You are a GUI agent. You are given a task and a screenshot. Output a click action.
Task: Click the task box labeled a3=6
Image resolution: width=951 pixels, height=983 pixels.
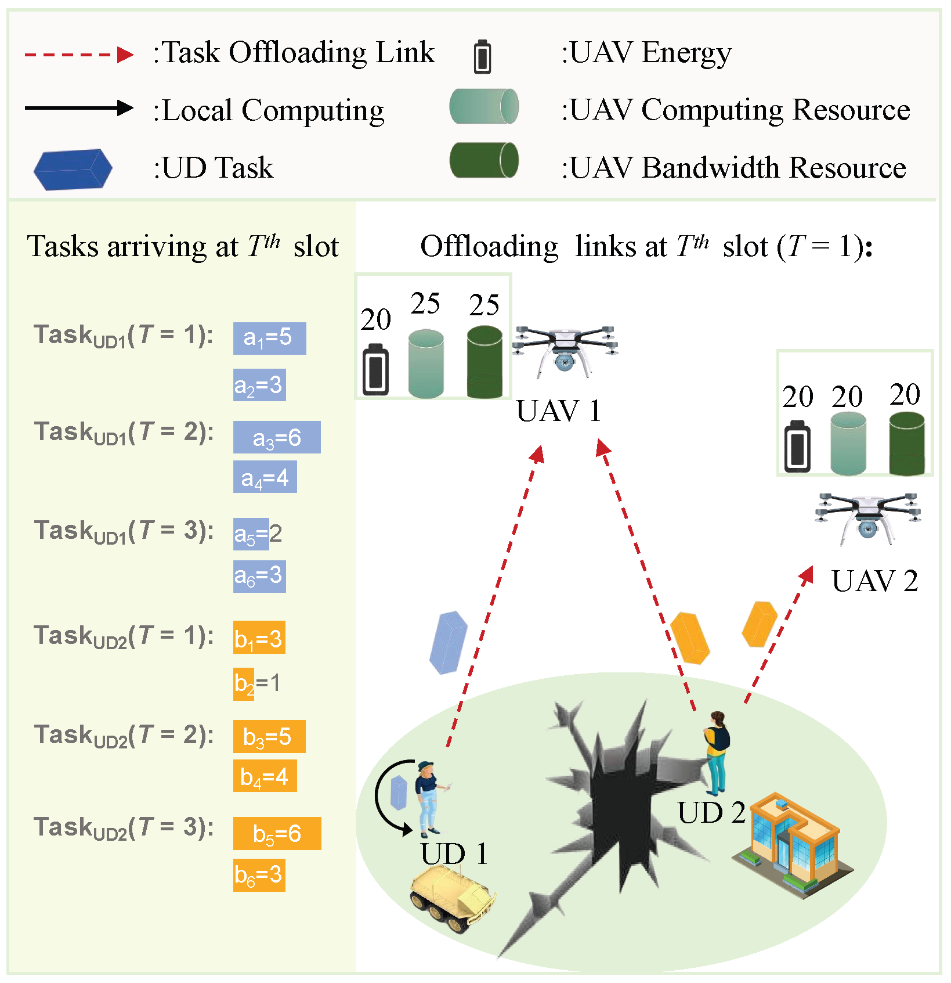tap(277, 437)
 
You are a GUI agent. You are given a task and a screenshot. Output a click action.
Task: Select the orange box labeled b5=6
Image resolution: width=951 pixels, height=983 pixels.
tap(277, 833)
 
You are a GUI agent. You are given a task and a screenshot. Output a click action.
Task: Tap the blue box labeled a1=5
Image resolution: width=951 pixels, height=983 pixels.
tap(269, 338)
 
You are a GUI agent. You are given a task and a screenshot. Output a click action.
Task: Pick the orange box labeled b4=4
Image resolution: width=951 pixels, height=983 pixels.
tap(265, 776)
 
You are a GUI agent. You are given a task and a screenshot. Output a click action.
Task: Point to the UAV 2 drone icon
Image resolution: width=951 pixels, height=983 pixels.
tap(867, 517)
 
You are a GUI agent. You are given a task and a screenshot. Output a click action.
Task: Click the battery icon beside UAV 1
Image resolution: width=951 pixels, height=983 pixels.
tap(375, 370)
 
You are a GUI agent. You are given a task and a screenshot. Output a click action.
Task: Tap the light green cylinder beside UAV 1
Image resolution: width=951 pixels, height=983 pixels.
tap(426, 364)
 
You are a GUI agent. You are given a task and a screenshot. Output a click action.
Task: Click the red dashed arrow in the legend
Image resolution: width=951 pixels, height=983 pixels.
tap(79, 55)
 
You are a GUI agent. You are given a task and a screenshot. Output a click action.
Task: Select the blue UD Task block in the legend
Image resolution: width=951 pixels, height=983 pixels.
tap(73, 169)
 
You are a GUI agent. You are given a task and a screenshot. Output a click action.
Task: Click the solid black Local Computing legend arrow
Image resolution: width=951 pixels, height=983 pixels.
tap(79, 109)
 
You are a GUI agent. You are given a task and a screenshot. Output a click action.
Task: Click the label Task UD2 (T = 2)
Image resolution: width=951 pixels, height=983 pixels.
tap(124, 736)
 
